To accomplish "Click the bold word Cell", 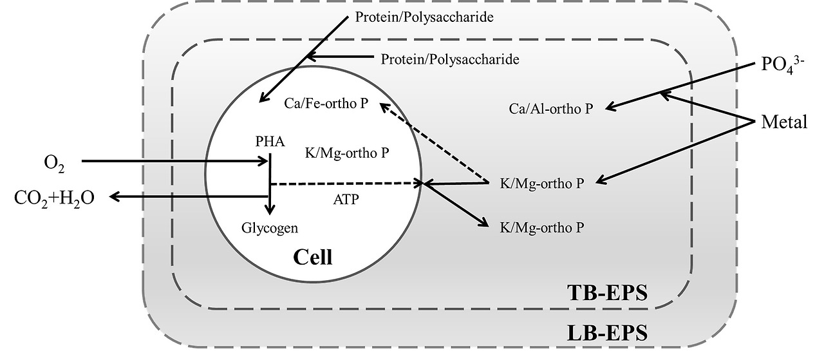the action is (x=313, y=258).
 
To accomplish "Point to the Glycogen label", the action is (x=270, y=227).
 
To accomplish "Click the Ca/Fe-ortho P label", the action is (x=326, y=103).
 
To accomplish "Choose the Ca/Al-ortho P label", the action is (x=550, y=109).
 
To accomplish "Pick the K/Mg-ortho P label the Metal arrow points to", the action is (x=541, y=184).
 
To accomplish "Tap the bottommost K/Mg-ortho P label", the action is (x=541, y=227).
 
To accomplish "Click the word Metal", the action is (x=783, y=122).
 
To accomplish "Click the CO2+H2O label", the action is (x=54, y=198).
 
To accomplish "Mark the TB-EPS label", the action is (x=606, y=293).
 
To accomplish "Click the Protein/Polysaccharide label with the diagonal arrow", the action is (x=424, y=17).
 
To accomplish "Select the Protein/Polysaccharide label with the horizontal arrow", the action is (x=450, y=59).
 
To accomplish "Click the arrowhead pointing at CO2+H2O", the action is (x=115, y=197).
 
